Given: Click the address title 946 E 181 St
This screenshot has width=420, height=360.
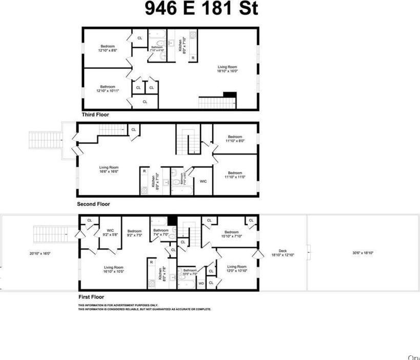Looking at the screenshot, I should click(201, 9).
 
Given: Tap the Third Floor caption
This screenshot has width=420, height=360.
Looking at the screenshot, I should click(95, 115).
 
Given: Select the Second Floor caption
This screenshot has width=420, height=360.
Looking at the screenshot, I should click(93, 204).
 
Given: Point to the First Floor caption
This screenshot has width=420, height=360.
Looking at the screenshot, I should click(91, 297).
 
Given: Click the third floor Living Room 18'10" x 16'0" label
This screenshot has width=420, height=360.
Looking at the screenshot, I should click(228, 69).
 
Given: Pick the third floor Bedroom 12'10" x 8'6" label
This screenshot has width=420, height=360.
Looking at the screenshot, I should click(108, 48).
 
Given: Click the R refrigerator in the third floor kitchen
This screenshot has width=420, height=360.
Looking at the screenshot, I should click(193, 57).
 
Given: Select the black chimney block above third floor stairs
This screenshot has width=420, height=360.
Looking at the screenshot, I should click(229, 94).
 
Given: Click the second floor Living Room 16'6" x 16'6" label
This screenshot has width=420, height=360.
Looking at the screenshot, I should click(109, 170).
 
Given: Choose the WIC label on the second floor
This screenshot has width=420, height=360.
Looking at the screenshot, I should click(203, 181).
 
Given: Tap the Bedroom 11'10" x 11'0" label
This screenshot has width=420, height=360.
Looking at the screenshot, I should click(235, 175).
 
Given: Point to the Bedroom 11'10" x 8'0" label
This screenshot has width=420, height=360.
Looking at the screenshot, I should click(235, 138).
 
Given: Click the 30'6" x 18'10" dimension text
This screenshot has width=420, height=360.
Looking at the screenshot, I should click(363, 253).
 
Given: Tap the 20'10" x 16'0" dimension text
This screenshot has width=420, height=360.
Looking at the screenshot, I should click(40, 253).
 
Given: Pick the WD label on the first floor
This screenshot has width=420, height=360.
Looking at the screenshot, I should click(201, 283).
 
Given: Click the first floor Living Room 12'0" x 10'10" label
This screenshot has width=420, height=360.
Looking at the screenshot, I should click(237, 269).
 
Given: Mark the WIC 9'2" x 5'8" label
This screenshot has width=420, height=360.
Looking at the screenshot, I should click(110, 233).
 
